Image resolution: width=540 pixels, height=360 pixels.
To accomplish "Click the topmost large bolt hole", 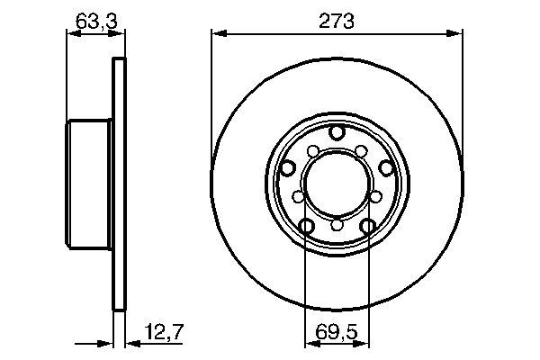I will [x=337, y=133].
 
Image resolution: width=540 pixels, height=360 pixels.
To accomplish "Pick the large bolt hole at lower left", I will [x=306, y=226].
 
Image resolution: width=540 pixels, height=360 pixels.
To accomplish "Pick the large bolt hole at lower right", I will [x=367, y=226].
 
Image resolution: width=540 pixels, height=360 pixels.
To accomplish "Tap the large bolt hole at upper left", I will [x=288, y=167].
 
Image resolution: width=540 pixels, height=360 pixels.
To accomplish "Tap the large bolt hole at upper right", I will [x=385, y=167].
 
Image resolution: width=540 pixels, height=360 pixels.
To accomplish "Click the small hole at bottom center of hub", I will [x=337, y=225].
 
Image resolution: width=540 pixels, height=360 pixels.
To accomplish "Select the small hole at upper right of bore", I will [x=360, y=150].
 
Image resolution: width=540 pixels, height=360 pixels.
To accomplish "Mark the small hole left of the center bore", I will [x=298, y=195].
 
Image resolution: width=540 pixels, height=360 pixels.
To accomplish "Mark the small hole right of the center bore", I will [x=375, y=195].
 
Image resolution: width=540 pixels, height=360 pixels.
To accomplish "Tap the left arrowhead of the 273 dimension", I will [x=216, y=34].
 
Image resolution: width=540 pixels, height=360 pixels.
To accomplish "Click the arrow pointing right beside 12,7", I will [x=103, y=342].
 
